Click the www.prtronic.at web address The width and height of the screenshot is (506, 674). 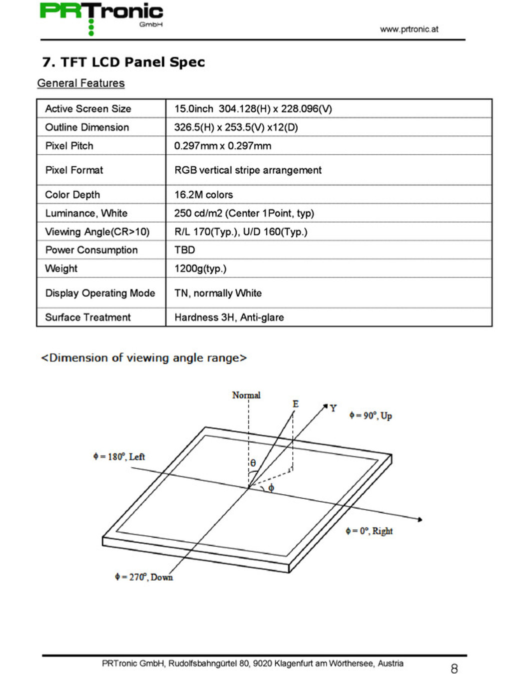click(x=409, y=29)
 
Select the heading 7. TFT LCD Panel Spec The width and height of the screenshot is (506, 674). click(x=123, y=62)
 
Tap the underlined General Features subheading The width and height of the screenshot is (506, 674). click(x=81, y=83)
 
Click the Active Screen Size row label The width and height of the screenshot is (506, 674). click(x=88, y=108)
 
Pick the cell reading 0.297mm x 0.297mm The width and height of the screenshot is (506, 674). click(x=222, y=146)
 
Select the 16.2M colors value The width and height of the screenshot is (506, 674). click(x=203, y=195)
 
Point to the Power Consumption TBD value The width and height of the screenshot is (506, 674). click(x=185, y=250)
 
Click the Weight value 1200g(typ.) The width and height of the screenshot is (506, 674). click(x=200, y=269)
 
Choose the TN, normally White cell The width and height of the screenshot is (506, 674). click(x=218, y=293)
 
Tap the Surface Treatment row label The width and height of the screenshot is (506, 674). click(x=88, y=318)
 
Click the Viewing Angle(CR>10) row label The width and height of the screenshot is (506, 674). click(x=97, y=232)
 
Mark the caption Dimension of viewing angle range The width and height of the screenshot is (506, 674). click(x=144, y=357)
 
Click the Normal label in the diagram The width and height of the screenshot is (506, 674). click(x=246, y=395)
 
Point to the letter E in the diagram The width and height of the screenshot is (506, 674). click(x=295, y=404)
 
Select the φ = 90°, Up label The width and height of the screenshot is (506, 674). click(x=370, y=415)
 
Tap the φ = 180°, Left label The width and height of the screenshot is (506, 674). click(x=119, y=456)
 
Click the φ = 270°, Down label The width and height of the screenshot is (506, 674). click(x=143, y=577)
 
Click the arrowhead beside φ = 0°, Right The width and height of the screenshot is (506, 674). click(x=420, y=520)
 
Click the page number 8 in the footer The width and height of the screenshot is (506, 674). click(x=454, y=669)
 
